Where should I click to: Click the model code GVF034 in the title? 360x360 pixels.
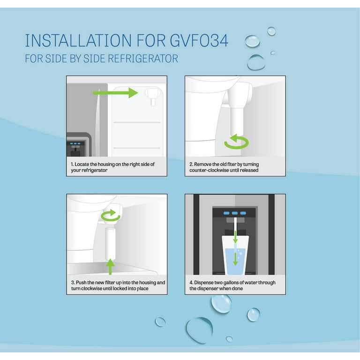click(x=199, y=41)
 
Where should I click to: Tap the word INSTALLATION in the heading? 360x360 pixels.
click(x=78, y=41)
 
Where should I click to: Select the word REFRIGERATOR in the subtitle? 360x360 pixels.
click(x=143, y=59)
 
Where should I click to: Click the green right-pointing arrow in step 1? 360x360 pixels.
click(x=115, y=93)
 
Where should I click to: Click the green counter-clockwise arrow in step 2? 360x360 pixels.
click(x=236, y=142)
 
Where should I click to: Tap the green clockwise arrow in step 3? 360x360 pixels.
click(x=111, y=215)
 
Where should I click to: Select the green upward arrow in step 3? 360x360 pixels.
click(x=111, y=267)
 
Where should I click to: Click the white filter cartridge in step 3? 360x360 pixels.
click(x=110, y=243)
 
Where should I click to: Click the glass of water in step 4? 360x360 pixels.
click(x=235, y=255)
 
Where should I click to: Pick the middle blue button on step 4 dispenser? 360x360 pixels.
click(x=235, y=213)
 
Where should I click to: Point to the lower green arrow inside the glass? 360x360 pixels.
click(x=235, y=259)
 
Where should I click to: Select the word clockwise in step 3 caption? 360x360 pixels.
click(x=90, y=288)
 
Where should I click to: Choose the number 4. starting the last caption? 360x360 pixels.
click(x=191, y=283)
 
